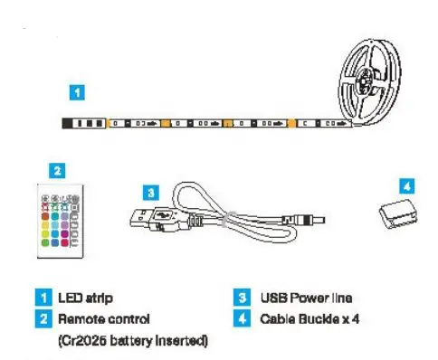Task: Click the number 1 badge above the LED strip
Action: (80, 91)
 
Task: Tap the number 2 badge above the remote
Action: (56, 168)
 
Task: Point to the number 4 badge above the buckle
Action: (407, 184)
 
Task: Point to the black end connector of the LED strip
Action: (84, 121)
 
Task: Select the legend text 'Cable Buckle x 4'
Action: (311, 318)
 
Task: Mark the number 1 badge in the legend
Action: (42, 298)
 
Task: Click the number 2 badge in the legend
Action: (42, 318)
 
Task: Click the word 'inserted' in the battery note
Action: (181, 339)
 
